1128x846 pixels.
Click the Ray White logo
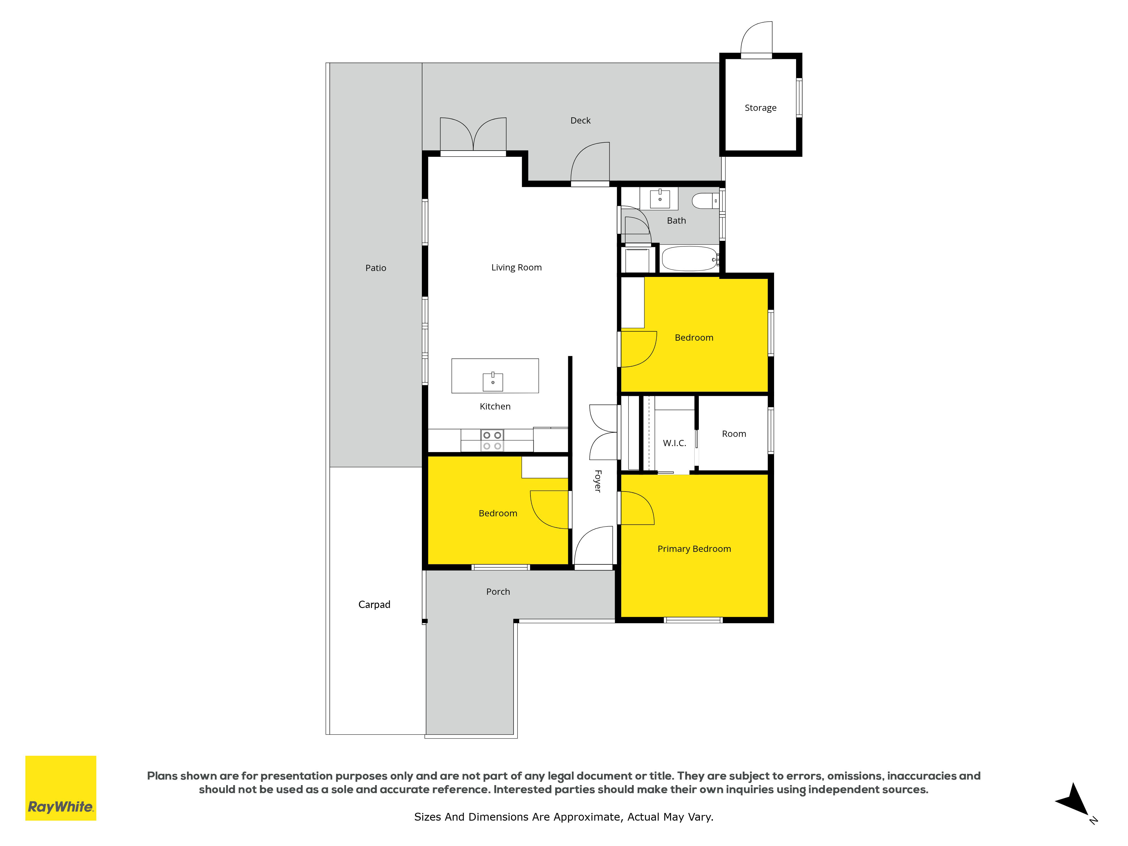point(61,788)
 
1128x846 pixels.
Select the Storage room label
point(760,108)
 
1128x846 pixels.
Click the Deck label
point(580,120)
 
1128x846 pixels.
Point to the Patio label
point(376,268)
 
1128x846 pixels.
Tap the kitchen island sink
point(493,382)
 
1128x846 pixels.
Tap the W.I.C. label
point(675,443)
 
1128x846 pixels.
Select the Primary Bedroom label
point(694,549)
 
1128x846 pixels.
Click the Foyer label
point(598,481)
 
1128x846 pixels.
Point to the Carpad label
point(374,604)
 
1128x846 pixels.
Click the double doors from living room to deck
point(473,135)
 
